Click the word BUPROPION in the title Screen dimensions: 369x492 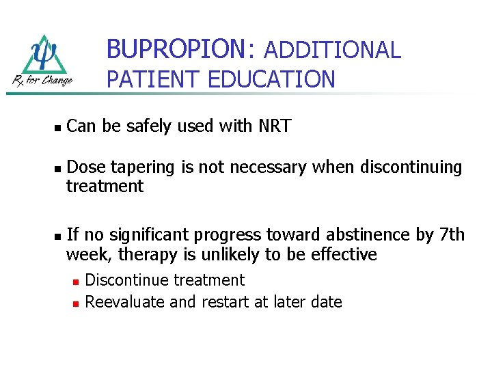pos(174,49)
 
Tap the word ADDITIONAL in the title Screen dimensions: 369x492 pos(331,50)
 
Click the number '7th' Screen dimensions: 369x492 pos(452,235)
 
